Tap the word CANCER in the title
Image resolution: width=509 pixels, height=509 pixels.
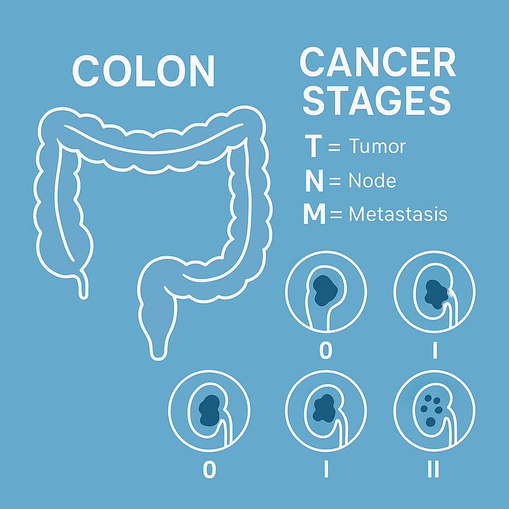pos(378,63)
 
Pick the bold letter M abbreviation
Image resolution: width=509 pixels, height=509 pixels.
pos(314,214)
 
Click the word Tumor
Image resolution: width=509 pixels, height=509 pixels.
pos(377,147)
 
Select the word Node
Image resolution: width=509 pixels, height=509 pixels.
pos(372,181)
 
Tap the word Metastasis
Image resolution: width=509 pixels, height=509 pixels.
pos(398,214)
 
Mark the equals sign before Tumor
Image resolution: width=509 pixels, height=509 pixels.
pos(334,147)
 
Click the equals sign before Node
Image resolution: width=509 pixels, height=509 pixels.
pos(336,181)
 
